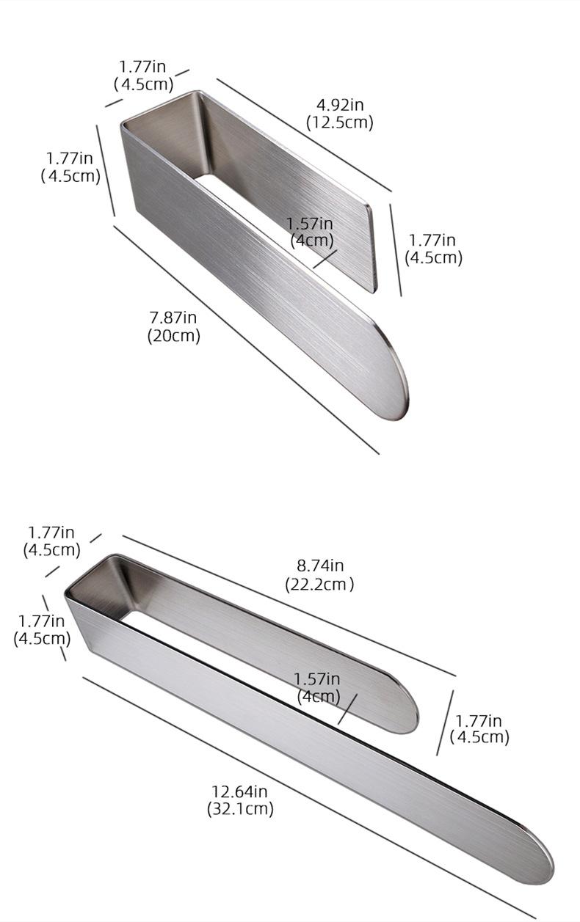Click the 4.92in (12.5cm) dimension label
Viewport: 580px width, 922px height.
pyautogui.click(x=340, y=114)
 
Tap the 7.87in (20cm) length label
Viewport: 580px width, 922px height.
pyautogui.click(x=173, y=327)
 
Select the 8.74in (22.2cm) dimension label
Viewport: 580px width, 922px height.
pyautogui.click(x=319, y=575)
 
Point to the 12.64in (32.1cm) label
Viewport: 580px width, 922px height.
pyautogui.click(x=240, y=800)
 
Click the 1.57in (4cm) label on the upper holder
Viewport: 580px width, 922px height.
pyautogui.click(x=311, y=232)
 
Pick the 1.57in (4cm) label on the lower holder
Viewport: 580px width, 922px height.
pyautogui.click(x=317, y=688)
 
